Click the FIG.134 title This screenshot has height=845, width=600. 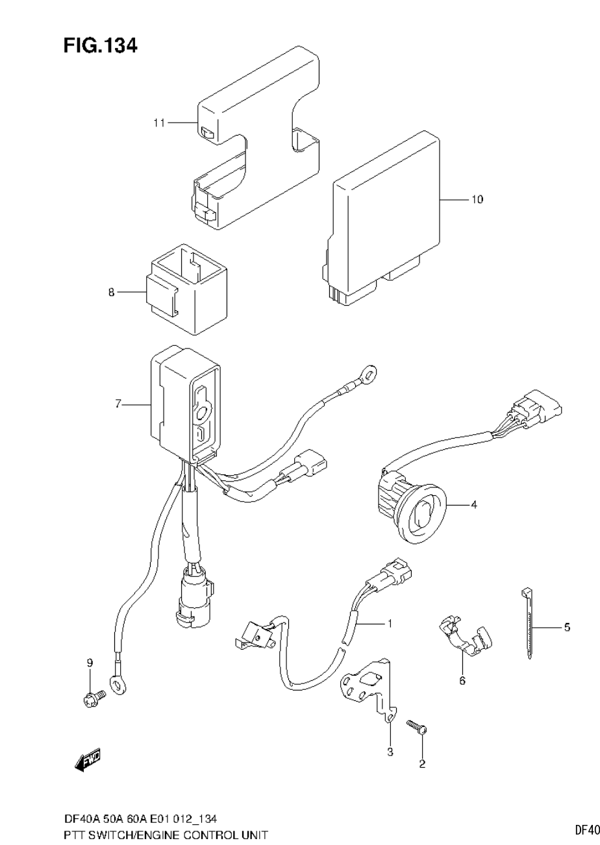tap(100, 45)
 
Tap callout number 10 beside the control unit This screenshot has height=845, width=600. tap(477, 199)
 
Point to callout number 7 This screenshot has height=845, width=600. tap(118, 404)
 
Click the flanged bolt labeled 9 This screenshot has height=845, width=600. tap(92, 698)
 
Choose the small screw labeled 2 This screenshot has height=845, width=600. tap(416, 727)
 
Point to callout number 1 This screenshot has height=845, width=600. tap(389, 624)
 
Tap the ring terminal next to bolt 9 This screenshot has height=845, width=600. tap(118, 683)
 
